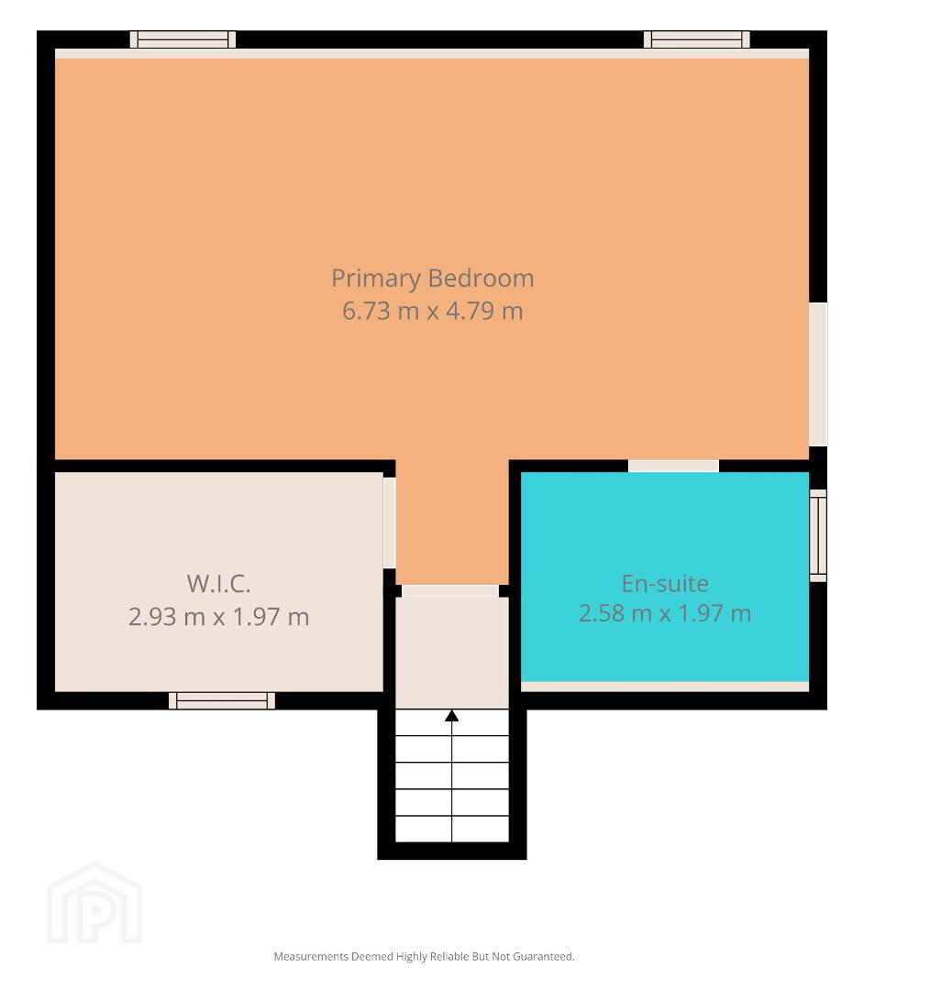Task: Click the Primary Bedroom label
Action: (x=433, y=279)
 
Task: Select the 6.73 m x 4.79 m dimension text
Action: (x=433, y=311)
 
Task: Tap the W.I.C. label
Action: (x=218, y=583)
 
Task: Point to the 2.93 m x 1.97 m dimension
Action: (x=218, y=616)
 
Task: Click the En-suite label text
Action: (x=665, y=583)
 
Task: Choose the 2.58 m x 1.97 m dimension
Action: (x=665, y=613)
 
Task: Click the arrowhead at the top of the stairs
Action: (x=451, y=715)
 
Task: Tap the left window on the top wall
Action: (x=183, y=39)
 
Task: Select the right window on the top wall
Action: (x=697, y=39)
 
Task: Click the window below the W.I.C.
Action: (x=222, y=701)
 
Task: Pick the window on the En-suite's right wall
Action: (x=818, y=535)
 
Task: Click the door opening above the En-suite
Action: (x=673, y=466)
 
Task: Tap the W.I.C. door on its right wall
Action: (x=389, y=522)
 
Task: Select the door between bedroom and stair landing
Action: (x=450, y=591)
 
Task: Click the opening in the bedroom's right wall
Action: (x=818, y=374)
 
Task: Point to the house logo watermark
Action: (x=94, y=903)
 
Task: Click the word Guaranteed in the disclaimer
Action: (x=543, y=956)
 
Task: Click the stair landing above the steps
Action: (x=451, y=653)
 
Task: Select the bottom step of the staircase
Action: (x=451, y=829)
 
